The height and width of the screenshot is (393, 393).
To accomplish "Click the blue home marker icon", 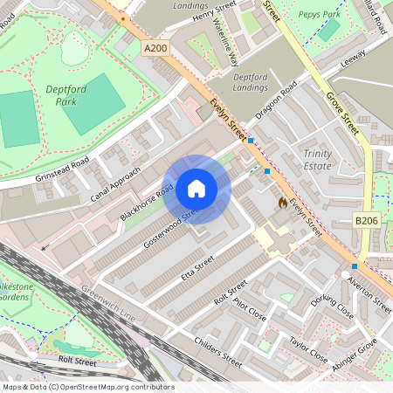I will click(196, 188).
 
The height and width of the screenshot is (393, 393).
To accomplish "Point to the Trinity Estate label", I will click(318, 160).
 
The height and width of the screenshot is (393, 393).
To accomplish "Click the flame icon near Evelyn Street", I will click(282, 202).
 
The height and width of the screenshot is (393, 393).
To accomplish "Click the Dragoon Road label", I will click(276, 100).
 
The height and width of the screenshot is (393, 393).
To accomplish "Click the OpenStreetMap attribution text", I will click(88, 387).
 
